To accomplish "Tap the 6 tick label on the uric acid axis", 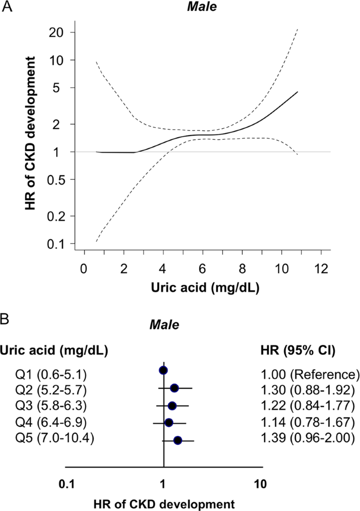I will [203, 268].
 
